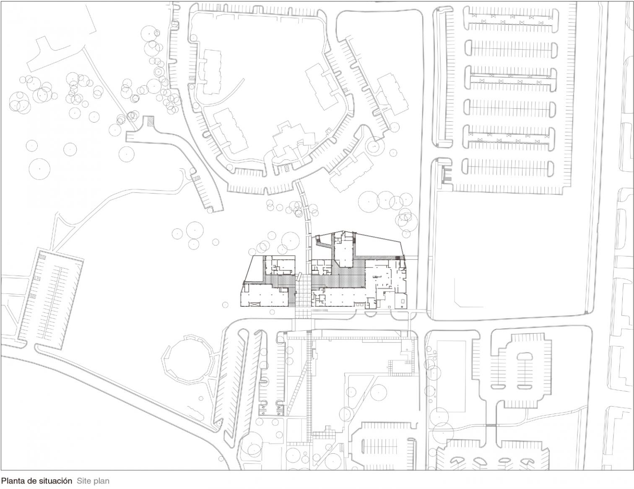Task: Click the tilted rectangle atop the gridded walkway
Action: pyautogui.click(x=299, y=277)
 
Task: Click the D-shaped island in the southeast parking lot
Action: pyautogui.click(x=525, y=356)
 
